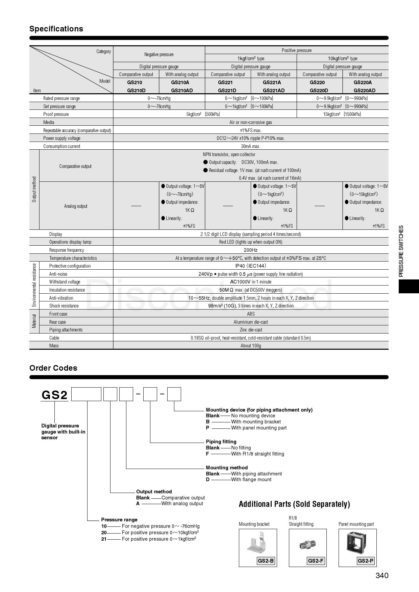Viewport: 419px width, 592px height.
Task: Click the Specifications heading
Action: pyautogui.click(x=56, y=29)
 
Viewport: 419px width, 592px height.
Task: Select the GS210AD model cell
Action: pyautogui.click(x=182, y=90)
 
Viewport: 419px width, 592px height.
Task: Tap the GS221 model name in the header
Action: pyautogui.click(x=225, y=82)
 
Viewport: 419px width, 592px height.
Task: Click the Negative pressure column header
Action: pyautogui.click(x=159, y=54)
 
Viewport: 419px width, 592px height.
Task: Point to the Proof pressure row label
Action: pyautogui.click(x=56, y=114)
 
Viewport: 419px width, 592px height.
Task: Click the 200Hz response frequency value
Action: pyautogui.click(x=250, y=250)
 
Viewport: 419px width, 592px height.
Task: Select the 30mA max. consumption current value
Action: pyautogui.click(x=250, y=146)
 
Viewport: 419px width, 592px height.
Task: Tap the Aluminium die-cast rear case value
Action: pyautogui.click(x=250, y=322)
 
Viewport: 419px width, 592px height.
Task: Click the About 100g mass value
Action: pyautogui.click(x=250, y=346)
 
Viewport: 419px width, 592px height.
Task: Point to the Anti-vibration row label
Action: pyautogui.click(x=61, y=298)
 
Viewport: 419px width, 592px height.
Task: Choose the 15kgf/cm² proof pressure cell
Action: pyautogui.click(x=342, y=114)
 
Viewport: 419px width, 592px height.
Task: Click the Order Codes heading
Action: pyautogui.click(x=53, y=368)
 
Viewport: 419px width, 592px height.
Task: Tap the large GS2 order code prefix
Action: pyautogui.click(x=54, y=395)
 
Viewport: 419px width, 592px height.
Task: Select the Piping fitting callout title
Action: pyautogui.click(x=221, y=442)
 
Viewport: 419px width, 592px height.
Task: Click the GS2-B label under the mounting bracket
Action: pyautogui.click(x=266, y=561)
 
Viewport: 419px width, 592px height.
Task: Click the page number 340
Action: pyautogui.click(x=382, y=575)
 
